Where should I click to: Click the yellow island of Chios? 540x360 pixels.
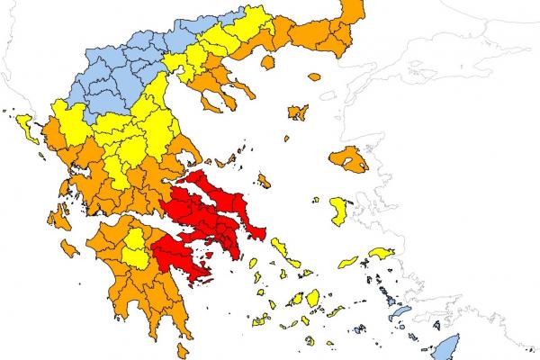[340, 212]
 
